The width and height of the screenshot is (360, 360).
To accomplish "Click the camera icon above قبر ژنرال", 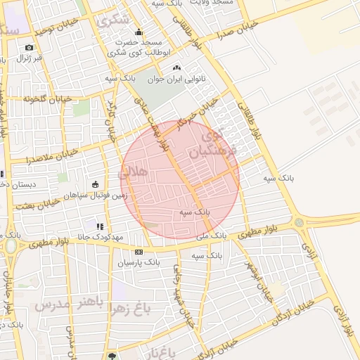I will coord(29,48).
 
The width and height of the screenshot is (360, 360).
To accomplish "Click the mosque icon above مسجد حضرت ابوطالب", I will coord(139,32).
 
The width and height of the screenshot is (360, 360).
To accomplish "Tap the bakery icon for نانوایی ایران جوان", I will coord(176,68).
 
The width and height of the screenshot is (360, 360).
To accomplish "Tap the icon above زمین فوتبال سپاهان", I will coord(96,184).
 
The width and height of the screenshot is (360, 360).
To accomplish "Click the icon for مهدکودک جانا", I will coord(100,226).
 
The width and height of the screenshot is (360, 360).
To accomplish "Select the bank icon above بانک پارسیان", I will coord(139,252).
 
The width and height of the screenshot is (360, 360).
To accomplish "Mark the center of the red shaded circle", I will coord(180,180).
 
